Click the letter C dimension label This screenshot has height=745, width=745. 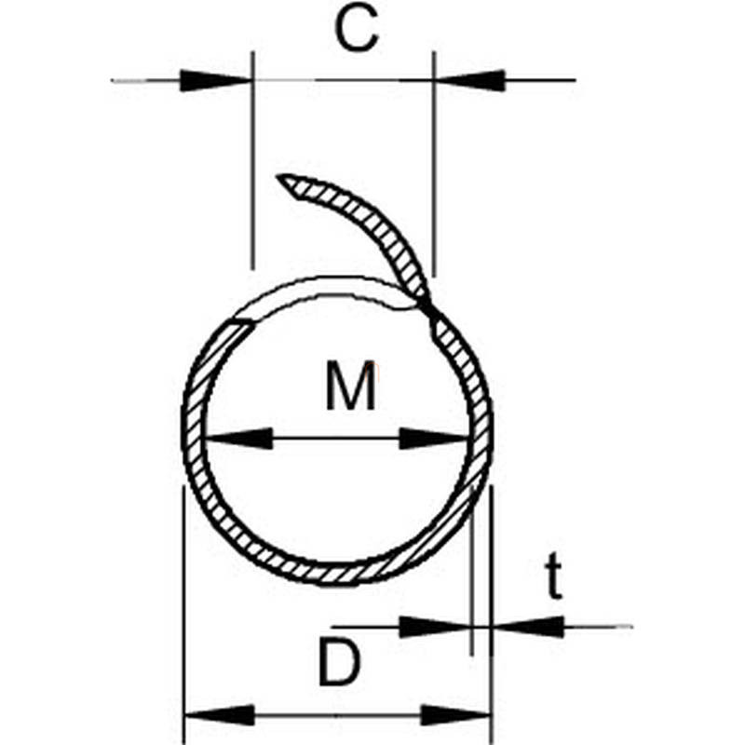point(357,30)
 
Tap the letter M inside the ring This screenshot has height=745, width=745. point(351,386)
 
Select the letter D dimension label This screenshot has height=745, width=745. point(340,662)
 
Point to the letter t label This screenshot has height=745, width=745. point(553,576)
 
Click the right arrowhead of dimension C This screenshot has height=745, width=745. point(469,80)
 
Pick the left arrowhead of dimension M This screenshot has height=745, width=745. point(239,439)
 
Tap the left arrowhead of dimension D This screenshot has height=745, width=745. point(220,715)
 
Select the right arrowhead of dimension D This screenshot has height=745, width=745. point(456,715)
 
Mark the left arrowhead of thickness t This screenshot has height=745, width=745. point(435,627)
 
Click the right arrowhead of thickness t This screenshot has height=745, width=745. point(528,627)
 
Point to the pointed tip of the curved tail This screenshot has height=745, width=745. point(278,176)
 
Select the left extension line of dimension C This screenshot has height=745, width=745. point(252,160)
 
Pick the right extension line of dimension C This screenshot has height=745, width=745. point(434,164)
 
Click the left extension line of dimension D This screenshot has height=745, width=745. point(183,615)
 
